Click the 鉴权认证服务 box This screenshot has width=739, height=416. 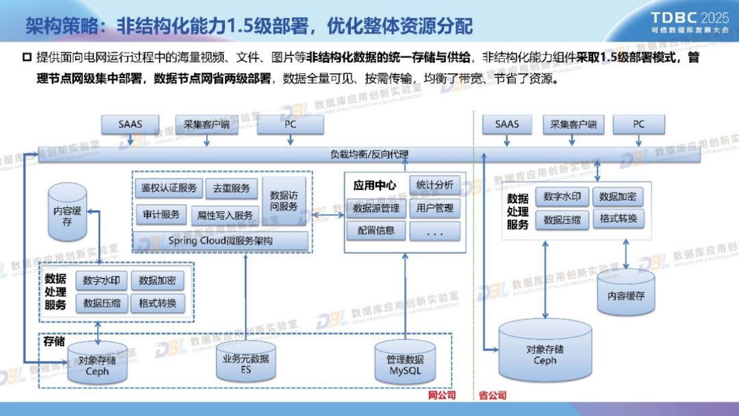click(x=168, y=187)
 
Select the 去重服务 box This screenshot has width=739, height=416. click(x=231, y=187)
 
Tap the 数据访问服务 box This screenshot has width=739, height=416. click(x=284, y=200)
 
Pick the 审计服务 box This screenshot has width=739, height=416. click(x=161, y=214)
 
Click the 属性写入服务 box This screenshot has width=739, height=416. click(x=225, y=215)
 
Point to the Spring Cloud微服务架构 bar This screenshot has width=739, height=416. click(x=220, y=241)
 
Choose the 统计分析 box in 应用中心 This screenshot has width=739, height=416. click(x=435, y=185)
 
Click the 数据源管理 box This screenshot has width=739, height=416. click(x=376, y=208)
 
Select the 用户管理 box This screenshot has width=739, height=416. click(x=435, y=208)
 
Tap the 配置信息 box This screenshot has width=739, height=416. click(x=376, y=231)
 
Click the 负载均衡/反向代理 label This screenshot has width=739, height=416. click(x=369, y=154)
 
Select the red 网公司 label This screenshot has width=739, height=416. click(x=441, y=395)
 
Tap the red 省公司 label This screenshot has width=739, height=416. click(x=492, y=395)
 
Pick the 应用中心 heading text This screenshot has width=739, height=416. click(x=374, y=185)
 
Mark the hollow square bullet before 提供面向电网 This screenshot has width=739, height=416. click(x=27, y=57)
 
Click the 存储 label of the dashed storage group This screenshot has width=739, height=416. click(x=54, y=341)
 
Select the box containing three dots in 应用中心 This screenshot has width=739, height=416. click(x=435, y=232)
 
